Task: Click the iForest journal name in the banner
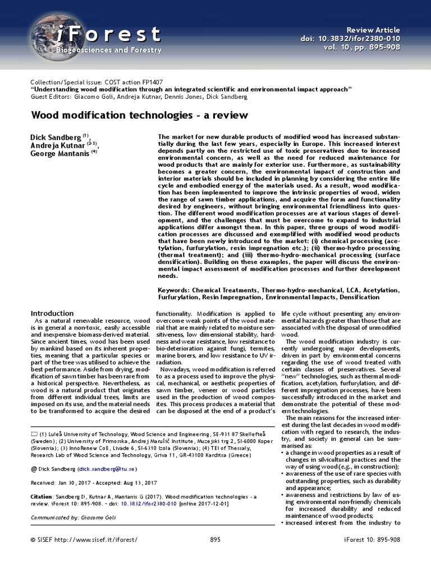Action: tap(109, 34)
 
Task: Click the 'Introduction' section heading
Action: tap(52, 313)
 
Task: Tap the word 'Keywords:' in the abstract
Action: tap(175, 290)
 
